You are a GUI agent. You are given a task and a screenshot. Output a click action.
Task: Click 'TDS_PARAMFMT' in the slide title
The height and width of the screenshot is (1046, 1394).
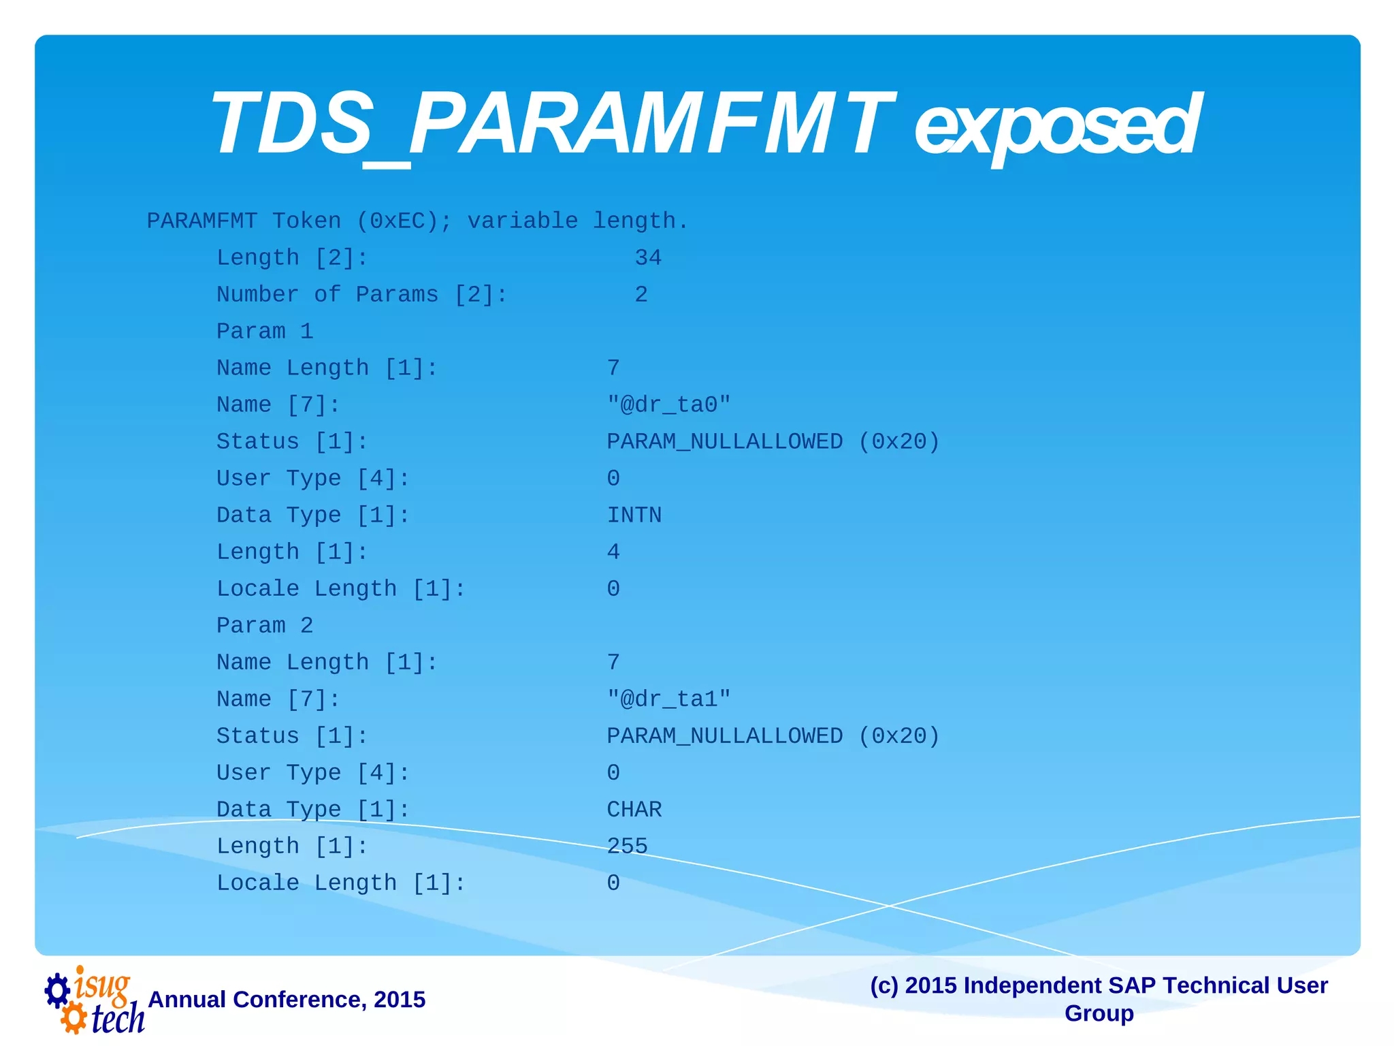[551, 126]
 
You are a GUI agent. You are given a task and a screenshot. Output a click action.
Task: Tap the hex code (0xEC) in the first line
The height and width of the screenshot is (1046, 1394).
[404, 221]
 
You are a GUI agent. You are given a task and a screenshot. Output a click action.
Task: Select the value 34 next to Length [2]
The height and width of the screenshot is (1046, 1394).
[647, 258]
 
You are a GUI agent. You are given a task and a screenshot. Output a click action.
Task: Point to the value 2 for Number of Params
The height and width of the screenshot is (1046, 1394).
[641, 295]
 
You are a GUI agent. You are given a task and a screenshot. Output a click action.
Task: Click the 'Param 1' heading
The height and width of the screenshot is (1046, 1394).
[265, 332]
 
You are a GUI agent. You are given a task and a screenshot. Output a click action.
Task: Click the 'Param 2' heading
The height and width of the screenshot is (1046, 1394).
[265, 626]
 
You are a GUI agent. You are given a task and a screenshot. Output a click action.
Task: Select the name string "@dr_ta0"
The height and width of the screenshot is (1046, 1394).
[668, 405]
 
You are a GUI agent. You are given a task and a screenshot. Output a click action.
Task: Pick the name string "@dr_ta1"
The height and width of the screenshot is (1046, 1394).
[668, 699]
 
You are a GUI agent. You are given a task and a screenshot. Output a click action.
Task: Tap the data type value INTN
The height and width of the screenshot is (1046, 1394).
[634, 516]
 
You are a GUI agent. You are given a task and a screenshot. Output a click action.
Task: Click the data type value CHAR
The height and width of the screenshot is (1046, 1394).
[634, 810]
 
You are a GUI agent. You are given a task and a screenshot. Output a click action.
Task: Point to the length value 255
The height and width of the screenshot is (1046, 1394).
[627, 846]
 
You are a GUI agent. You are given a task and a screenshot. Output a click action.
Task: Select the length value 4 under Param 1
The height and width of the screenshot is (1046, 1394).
[613, 552]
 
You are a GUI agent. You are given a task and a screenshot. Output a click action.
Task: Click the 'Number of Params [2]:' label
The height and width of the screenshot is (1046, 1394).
[362, 295]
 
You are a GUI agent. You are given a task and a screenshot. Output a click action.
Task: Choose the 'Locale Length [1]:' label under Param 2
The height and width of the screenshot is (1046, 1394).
[341, 883]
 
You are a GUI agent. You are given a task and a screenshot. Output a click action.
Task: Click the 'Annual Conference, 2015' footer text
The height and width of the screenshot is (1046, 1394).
[287, 1000]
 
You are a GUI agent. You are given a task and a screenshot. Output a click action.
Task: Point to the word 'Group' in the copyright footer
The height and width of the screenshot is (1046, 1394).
[1099, 1013]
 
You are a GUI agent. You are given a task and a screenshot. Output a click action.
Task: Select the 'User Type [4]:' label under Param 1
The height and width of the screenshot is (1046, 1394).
[313, 479]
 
